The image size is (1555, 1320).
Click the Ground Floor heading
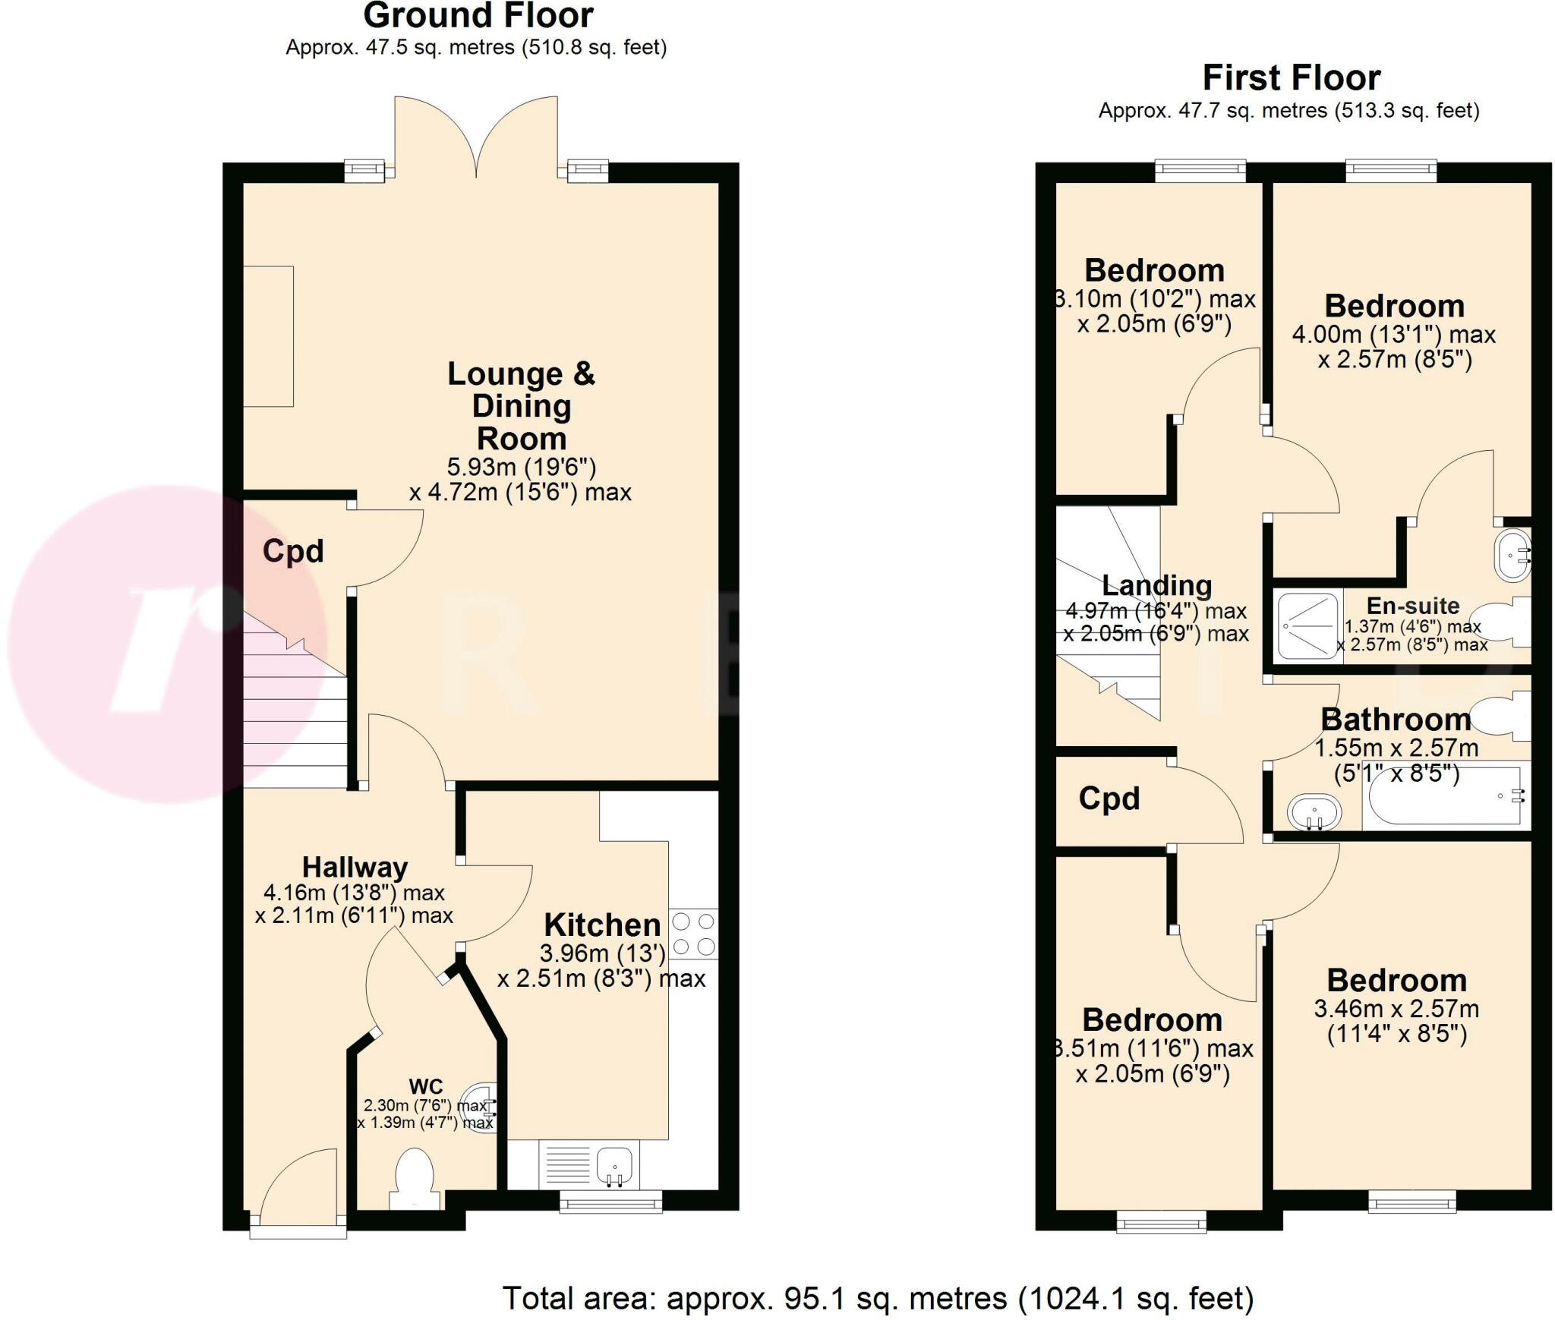pos(478,16)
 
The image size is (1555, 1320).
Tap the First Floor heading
pos(1291,78)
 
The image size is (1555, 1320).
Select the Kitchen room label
pos(602,925)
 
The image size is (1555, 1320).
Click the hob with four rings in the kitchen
pos(693,934)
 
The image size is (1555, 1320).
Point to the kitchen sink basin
pos(614,1163)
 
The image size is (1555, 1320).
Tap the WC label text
pos(425,1087)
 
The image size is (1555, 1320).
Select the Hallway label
pos(355,867)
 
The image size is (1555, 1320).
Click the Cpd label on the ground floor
pos(293,551)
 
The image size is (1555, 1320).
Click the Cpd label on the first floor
pos(1109,799)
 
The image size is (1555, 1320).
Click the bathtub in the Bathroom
pos(1443,795)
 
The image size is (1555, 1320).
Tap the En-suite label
pos(1412,606)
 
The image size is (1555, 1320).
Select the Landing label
pos(1156,585)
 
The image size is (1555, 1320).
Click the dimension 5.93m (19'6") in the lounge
pos(521,466)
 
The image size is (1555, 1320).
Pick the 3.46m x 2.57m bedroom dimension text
pos(1396,1009)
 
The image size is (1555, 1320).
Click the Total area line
pos(878,1298)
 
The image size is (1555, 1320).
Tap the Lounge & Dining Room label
pos(521,406)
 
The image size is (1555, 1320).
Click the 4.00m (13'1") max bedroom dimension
pos(1393,335)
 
